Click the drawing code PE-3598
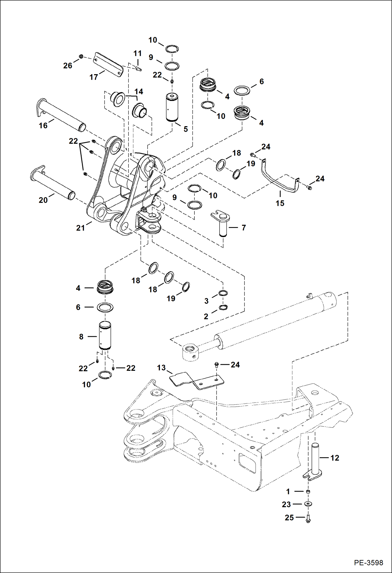368,563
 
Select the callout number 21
80,228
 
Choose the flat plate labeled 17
109,64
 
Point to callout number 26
68,66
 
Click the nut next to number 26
81,56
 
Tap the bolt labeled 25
308,518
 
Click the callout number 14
139,91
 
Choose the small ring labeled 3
223,293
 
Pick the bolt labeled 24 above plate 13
216,364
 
